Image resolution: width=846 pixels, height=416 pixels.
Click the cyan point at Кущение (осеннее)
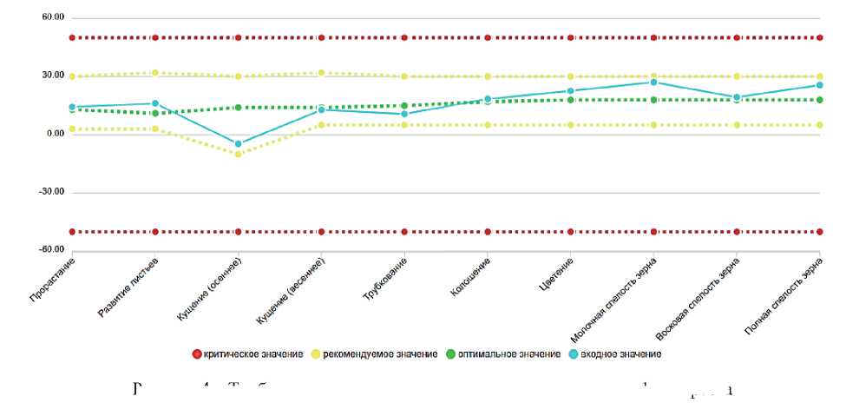point(238,143)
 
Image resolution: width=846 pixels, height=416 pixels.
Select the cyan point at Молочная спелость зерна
point(653,82)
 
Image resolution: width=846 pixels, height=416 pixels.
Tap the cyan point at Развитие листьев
point(154,103)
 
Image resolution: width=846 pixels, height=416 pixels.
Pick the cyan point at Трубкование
point(404,114)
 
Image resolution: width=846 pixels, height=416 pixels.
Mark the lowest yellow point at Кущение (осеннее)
point(238,154)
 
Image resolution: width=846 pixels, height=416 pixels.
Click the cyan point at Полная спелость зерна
point(820,85)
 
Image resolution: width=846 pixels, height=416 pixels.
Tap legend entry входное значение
point(617,354)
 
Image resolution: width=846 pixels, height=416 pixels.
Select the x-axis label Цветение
point(556,274)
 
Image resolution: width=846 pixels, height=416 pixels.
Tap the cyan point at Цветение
point(571,90)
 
